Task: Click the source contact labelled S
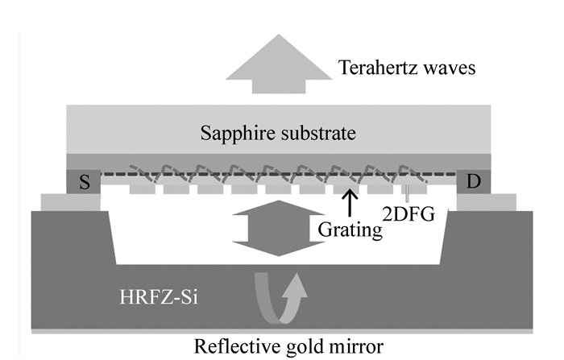84,182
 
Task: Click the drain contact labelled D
473,182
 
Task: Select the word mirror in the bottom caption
355,346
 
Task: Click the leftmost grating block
143,188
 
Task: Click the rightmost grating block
412,188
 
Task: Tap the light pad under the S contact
70,202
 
